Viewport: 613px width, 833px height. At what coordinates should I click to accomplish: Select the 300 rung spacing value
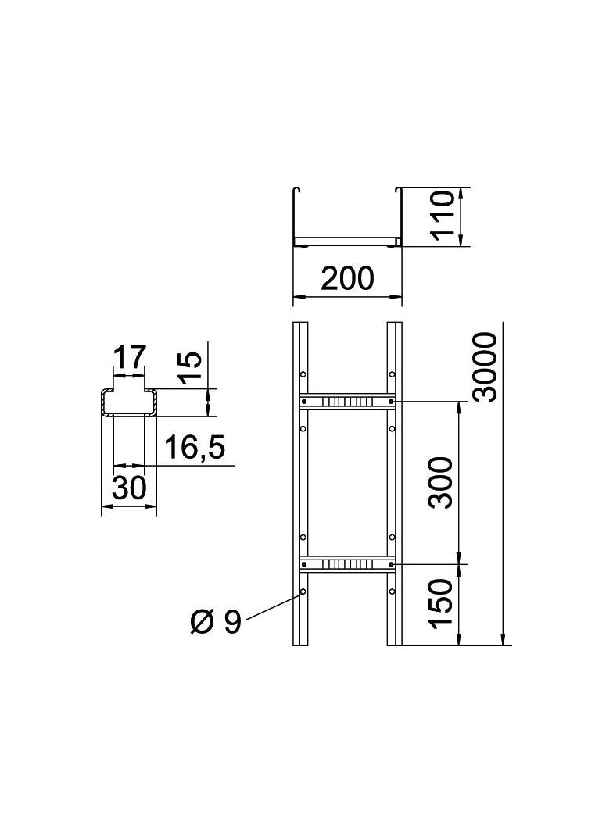point(443,482)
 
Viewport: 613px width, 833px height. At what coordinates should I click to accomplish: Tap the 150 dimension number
point(443,604)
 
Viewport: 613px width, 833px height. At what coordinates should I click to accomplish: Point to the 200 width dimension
point(347,278)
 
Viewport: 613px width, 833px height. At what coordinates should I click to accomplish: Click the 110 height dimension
point(443,217)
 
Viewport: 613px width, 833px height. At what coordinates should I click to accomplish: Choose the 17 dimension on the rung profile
point(129,357)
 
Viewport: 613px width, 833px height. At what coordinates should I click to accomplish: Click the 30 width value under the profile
point(129,488)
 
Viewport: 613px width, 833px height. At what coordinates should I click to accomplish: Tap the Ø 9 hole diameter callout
point(216,622)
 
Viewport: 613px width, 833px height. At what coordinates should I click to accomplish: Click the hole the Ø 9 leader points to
point(303,592)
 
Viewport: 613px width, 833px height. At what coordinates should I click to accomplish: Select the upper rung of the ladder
point(347,402)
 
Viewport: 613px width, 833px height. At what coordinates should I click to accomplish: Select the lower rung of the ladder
point(347,563)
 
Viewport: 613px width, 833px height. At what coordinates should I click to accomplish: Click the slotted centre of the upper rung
point(347,402)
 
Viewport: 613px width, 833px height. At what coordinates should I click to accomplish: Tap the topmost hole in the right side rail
point(392,374)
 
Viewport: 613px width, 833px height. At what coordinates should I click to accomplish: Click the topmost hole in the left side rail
point(303,374)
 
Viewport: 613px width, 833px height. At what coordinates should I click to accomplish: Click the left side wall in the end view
point(295,215)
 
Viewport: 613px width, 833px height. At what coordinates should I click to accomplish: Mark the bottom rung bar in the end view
point(347,241)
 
